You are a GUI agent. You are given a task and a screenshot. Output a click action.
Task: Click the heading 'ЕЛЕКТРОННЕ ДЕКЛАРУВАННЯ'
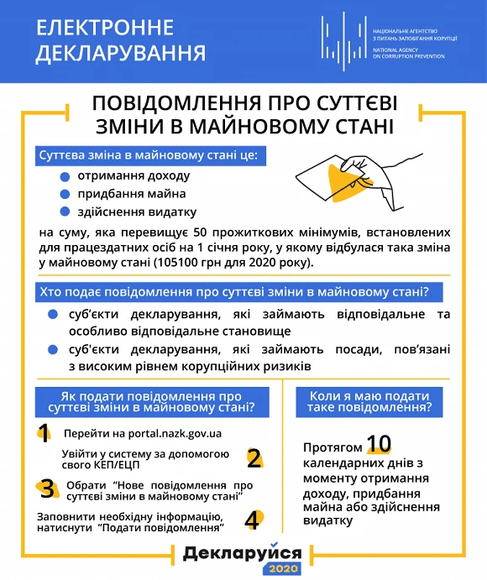click(x=121, y=40)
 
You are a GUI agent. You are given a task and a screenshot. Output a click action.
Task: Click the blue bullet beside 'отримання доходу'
click(x=65, y=177)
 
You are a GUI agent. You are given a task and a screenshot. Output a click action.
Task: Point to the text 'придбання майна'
click(x=126, y=194)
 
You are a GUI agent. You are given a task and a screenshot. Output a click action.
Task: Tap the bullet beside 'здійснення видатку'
click(x=65, y=212)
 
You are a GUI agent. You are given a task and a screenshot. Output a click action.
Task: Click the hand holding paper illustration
click(x=344, y=175)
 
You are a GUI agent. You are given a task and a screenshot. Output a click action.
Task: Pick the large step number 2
click(x=253, y=458)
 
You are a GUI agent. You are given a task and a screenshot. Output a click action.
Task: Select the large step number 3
click(x=48, y=489)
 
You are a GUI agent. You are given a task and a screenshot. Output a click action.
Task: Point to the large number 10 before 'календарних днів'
click(x=379, y=444)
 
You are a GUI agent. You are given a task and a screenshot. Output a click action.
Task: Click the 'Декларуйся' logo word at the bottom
click(x=242, y=553)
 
